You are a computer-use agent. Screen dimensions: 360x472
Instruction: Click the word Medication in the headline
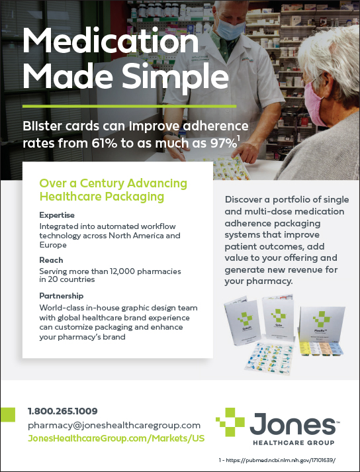[110, 41]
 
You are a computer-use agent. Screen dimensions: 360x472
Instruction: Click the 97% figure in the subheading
[223, 144]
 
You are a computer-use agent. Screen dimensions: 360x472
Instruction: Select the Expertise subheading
[57, 216]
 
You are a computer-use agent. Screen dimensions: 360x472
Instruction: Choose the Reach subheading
[51, 260]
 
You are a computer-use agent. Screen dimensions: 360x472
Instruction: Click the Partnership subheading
[61, 296]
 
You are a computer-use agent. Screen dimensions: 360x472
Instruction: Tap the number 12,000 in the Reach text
[129, 271]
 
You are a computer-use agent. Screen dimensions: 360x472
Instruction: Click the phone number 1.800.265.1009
[63, 411]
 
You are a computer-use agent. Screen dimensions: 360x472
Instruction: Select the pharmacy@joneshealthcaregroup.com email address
[114, 426]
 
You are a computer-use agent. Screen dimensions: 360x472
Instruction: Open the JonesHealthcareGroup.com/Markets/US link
[116, 438]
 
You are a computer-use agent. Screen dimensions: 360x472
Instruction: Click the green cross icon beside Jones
[230, 422]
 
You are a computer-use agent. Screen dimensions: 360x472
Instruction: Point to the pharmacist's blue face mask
[231, 28]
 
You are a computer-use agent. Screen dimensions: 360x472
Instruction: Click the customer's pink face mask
[314, 103]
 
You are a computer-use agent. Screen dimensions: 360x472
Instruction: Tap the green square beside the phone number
[7, 414]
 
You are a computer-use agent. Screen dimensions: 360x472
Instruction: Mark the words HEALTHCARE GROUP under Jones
[293, 443]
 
